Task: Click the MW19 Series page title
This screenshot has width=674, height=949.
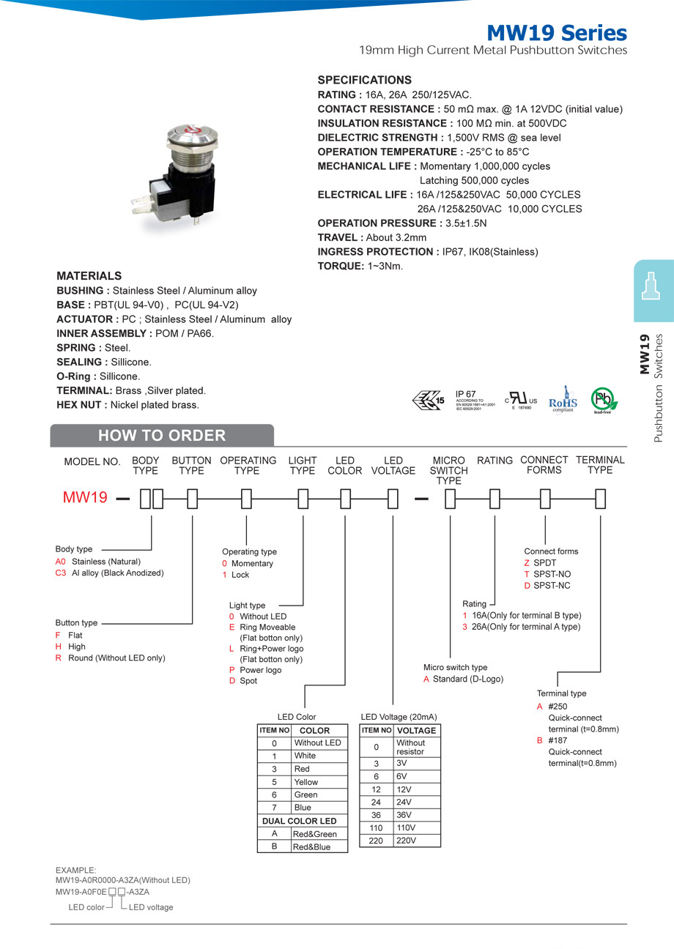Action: coord(557,33)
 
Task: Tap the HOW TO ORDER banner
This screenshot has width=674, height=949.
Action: coord(162,436)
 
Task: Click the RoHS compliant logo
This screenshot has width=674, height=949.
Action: coord(563,400)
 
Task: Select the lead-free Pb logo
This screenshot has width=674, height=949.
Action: coord(604,400)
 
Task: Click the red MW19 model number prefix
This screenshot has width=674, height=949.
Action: coord(85,498)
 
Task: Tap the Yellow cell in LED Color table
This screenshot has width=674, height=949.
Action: coord(306,782)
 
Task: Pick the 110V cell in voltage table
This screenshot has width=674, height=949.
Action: coord(405,827)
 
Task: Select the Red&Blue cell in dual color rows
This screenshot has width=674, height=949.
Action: coord(311,846)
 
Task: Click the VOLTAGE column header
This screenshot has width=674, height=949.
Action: coord(416,731)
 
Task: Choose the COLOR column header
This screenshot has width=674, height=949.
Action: coord(315,731)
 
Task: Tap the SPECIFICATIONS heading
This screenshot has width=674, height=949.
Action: coord(364,80)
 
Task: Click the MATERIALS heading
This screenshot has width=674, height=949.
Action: coord(89,276)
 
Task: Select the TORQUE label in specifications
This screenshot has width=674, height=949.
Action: coord(340,266)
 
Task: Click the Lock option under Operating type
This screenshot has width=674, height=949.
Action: coord(240,575)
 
